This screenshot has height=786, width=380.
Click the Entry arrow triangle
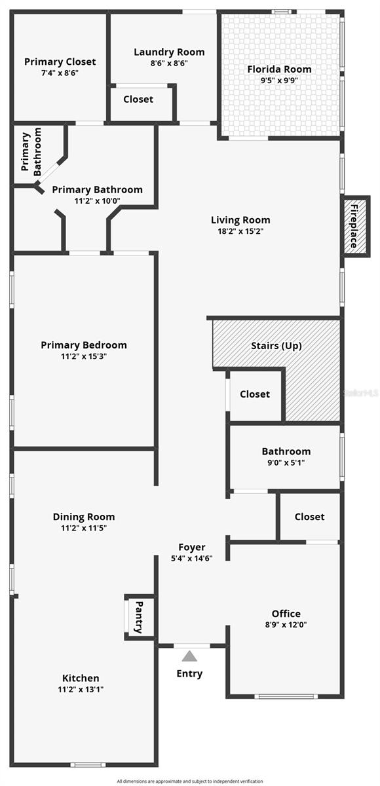189,656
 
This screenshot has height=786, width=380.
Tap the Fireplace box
354,226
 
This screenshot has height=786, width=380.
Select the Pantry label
139,616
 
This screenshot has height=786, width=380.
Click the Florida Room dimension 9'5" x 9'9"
279,81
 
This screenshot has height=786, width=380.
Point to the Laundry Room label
169,52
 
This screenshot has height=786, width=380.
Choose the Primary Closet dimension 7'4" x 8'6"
60,73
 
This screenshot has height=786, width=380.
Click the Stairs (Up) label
276,345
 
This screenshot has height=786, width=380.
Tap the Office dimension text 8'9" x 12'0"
286,625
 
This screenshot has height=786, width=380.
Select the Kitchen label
81,678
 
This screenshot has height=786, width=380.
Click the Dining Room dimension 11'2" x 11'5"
84,528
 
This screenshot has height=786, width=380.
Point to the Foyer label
192,547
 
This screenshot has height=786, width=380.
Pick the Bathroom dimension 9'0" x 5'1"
286,462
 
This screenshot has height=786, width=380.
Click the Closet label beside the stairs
255,394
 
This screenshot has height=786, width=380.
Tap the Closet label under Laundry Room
138,99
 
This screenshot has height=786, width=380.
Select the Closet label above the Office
309,517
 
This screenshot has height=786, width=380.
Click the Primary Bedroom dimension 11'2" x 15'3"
84,356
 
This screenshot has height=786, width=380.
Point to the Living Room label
240,220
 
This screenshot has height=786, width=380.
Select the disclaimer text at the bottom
190,781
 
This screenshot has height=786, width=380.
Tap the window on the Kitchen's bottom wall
88,764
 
